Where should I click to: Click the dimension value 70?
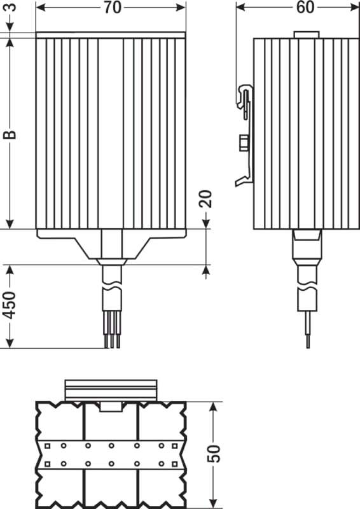[113, 8]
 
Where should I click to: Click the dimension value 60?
[305, 8]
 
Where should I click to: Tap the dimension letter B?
[10, 134]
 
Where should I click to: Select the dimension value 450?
[10, 305]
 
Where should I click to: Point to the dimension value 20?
[206, 199]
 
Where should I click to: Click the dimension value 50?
[214, 454]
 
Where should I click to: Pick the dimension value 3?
[11, 7]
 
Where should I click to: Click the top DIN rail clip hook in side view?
[245, 97]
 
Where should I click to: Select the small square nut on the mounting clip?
[244, 143]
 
